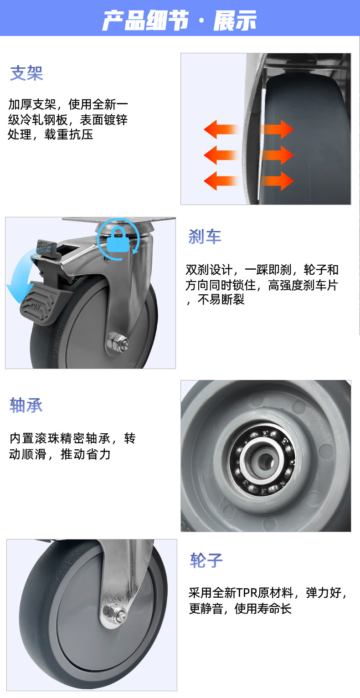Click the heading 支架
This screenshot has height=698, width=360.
pos(26,73)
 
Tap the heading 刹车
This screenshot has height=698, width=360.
pos(205,237)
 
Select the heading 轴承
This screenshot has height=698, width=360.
pos(26,405)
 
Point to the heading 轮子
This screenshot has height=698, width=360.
pos(206,561)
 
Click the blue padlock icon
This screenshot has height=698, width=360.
pos(118,240)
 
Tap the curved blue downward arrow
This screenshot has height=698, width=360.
pos(18,278)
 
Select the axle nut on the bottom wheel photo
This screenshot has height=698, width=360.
pos(113,613)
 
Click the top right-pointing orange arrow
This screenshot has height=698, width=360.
pos(277,130)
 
